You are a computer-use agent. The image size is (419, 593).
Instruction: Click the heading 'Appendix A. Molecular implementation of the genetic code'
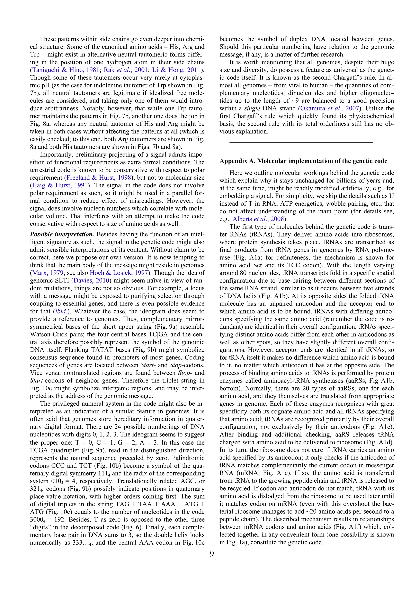pyautogui.click(x=303, y=161)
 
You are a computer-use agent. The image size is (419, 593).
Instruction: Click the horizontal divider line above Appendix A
pyautogui.click(x=301, y=142)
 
